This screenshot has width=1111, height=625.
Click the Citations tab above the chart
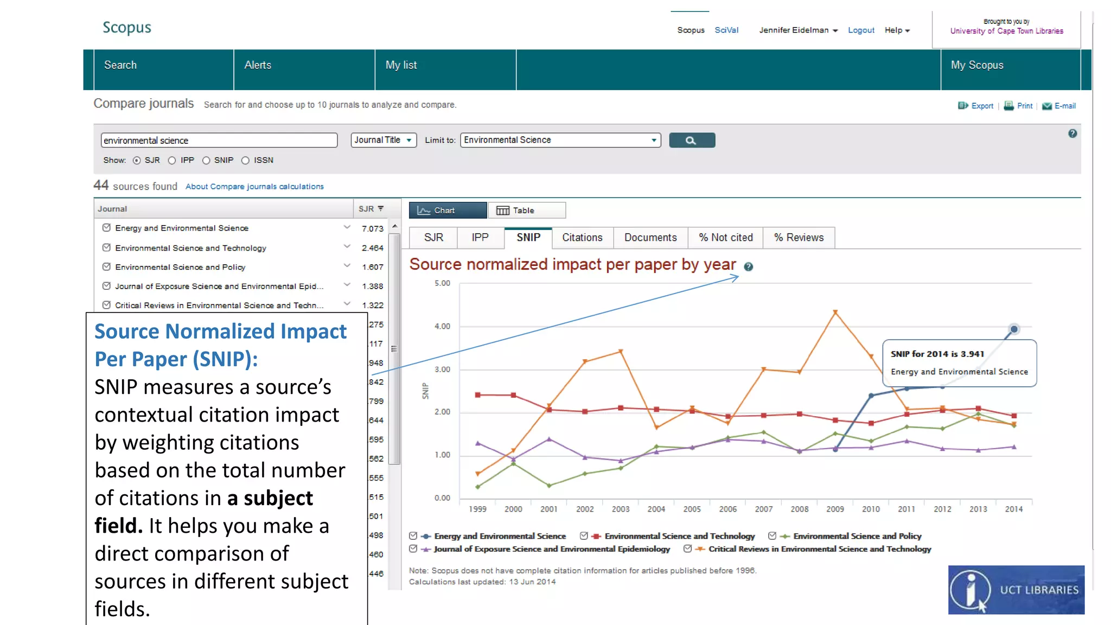tap(582, 238)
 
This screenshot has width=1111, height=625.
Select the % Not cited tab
tap(725, 238)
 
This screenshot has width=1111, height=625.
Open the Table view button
tap(526, 211)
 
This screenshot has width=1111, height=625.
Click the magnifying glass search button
tap(692, 141)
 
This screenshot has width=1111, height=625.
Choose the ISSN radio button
tap(246, 161)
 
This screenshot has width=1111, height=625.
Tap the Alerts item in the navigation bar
tap(258, 65)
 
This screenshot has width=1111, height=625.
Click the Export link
tap(982, 106)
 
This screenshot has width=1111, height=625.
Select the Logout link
tap(861, 30)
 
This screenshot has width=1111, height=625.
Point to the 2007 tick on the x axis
tap(763, 509)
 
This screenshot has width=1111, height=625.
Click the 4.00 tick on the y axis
tap(442, 326)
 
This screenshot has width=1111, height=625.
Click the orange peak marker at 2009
tap(835, 312)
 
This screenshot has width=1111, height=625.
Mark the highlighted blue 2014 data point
tap(1013, 329)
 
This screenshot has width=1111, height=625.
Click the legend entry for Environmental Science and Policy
tap(857, 536)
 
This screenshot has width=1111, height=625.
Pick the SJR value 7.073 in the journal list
tap(372, 229)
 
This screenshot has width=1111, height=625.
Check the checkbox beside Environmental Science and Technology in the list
tap(107, 247)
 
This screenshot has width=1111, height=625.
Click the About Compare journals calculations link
tap(254, 187)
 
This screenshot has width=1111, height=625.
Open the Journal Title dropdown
tap(384, 140)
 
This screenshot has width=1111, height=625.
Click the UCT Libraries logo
tap(1016, 590)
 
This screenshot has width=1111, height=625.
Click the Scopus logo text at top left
tap(127, 28)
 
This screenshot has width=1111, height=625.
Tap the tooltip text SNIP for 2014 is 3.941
tap(937, 354)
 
